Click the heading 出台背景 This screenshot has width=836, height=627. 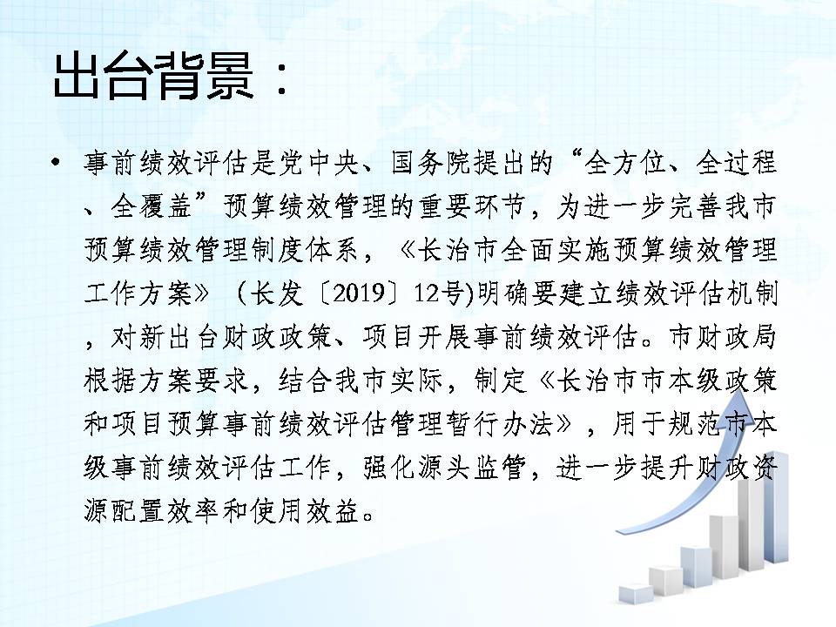click(153, 77)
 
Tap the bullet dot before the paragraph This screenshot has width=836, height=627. click(56, 162)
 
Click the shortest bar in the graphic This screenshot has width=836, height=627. click(636, 593)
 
